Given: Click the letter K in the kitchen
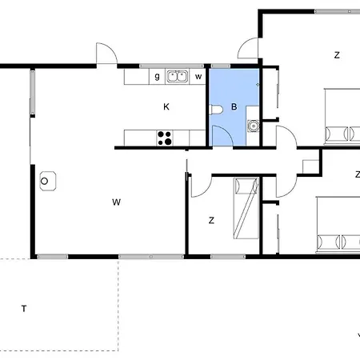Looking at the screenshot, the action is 166,107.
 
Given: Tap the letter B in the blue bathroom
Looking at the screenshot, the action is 234,107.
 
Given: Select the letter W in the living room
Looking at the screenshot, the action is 116,202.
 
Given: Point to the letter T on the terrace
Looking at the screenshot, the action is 24,309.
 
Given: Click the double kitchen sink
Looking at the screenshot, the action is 177,77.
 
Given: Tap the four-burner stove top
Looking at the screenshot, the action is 165,138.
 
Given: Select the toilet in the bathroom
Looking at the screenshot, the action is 216,110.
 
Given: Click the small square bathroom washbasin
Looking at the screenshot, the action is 253,126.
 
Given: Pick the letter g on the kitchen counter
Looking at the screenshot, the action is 157,77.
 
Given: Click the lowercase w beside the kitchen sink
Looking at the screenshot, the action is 198,77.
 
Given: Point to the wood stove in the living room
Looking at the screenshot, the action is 48,181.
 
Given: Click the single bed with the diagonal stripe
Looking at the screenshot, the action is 246,208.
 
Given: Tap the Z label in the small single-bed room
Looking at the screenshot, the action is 211,221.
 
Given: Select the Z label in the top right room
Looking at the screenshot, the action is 337,55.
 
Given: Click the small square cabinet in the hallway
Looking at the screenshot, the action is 310,166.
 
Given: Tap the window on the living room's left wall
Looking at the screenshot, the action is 32,92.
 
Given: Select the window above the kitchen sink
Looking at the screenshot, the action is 171,66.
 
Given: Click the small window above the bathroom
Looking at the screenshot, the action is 221,66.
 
